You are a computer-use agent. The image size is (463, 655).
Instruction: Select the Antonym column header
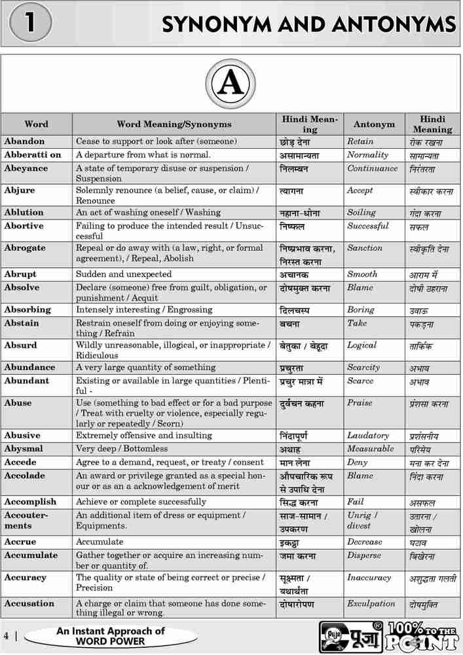point(374,124)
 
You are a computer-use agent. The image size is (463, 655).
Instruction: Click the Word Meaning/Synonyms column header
point(174,124)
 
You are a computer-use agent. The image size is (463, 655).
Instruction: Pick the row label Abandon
point(24,141)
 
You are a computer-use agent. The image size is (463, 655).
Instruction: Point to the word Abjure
point(20,191)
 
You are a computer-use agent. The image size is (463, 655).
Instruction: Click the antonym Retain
point(360,141)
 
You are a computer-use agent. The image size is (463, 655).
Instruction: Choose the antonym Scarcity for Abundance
point(363,367)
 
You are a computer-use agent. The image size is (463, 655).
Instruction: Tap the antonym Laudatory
point(368,436)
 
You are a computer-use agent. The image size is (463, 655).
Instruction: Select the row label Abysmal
point(24,449)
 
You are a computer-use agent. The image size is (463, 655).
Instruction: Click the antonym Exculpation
point(371,604)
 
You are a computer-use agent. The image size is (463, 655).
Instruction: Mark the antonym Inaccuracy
point(369,578)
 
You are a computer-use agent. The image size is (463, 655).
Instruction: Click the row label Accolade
point(25,476)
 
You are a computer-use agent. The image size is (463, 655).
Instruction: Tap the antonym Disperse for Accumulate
point(363,555)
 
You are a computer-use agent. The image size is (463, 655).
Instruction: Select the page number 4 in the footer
point(6,636)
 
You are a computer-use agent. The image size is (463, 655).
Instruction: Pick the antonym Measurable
point(371,449)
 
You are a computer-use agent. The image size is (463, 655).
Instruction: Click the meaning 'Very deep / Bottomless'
point(122,449)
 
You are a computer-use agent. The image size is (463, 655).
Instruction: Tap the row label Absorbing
point(28,310)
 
